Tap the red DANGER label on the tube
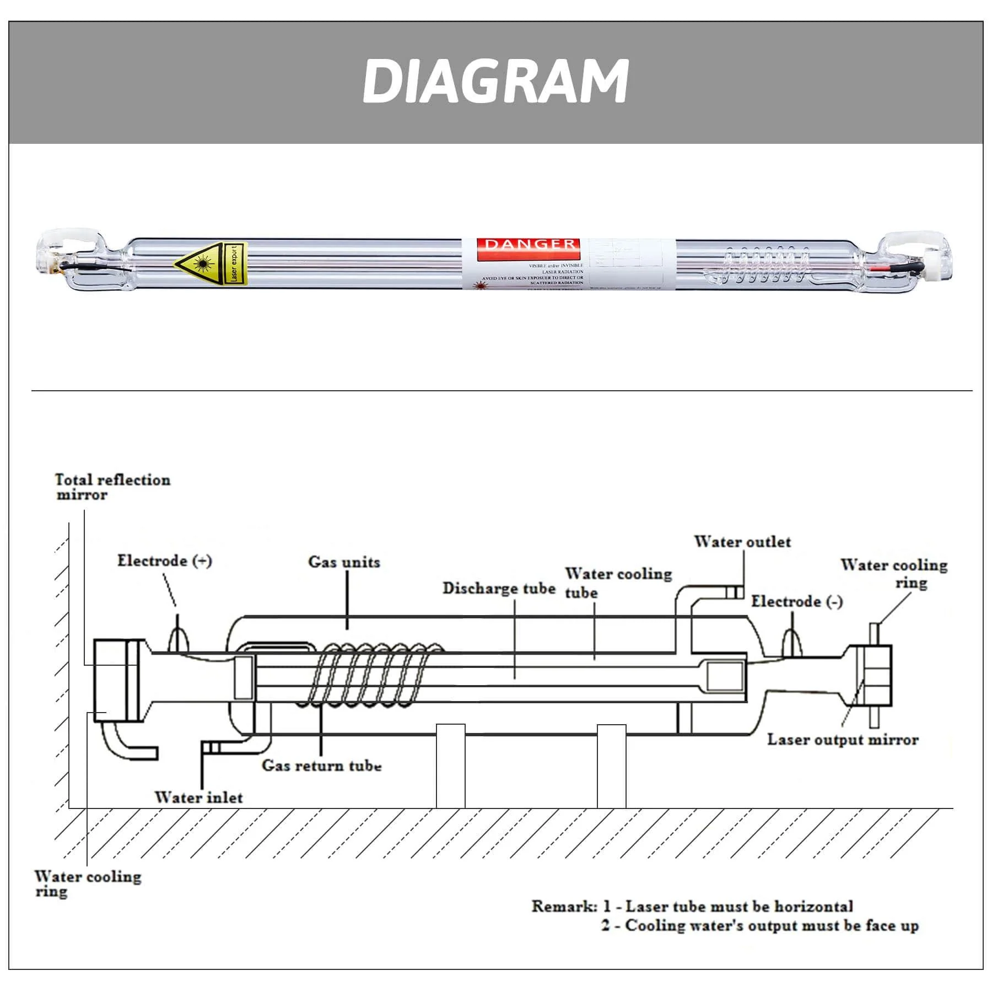(x=530, y=245)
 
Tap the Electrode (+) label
(x=164, y=561)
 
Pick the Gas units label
(x=344, y=562)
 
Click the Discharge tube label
(x=499, y=589)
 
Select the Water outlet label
(x=742, y=542)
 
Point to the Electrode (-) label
(x=796, y=601)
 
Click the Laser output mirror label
(x=842, y=740)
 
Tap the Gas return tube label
(x=321, y=765)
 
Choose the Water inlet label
(x=198, y=797)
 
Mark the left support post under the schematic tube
(x=450, y=766)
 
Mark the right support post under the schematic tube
(x=611, y=766)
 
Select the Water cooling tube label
(x=617, y=583)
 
